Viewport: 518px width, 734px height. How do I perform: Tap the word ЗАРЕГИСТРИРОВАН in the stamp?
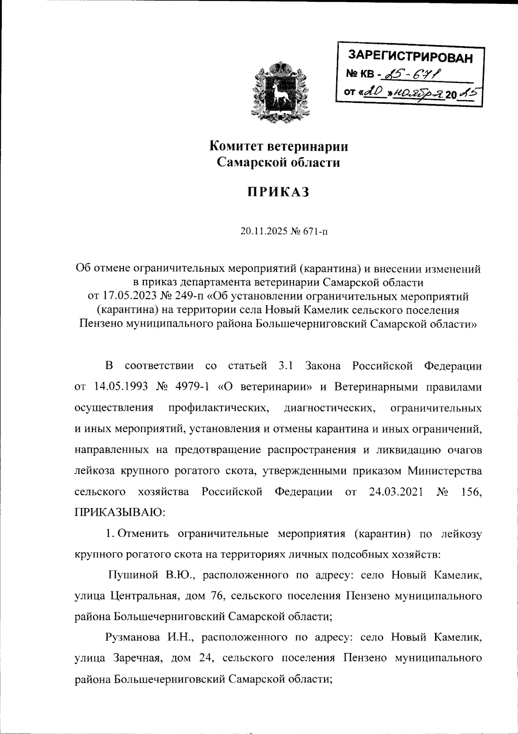410,56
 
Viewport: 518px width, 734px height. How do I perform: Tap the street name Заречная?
139,658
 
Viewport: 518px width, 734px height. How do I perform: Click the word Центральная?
143,596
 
